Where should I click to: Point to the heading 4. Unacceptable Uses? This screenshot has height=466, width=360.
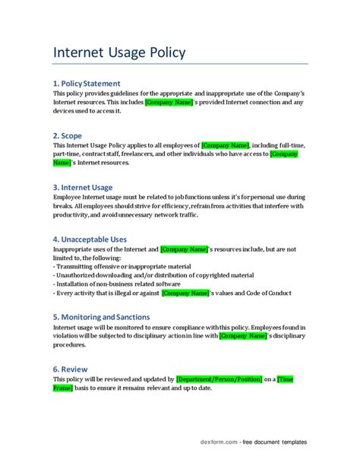(x=95, y=238)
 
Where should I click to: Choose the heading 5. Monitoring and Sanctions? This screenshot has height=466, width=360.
(x=112, y=316)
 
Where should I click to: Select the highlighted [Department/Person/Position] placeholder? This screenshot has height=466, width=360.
(x=219, y=379)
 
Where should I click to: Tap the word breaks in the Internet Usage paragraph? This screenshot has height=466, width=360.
(x=65, y=206)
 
